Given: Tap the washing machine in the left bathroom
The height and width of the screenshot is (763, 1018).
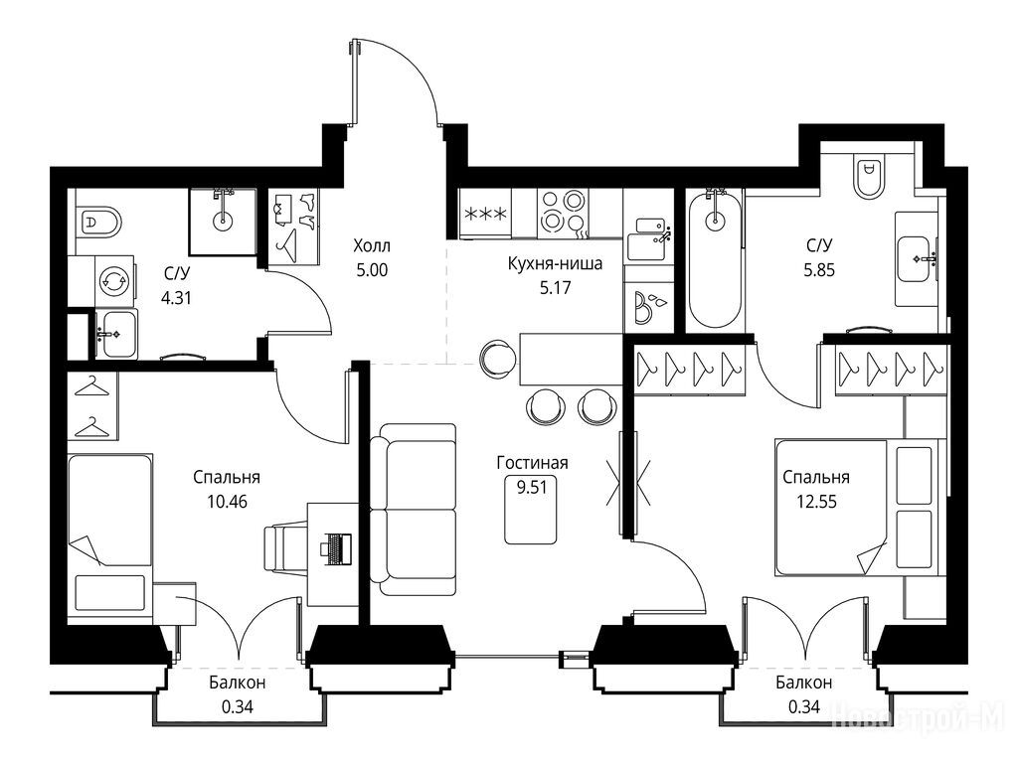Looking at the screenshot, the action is pos(115,281).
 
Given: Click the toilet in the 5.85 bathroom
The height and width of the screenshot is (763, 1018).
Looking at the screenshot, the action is pos(869,176).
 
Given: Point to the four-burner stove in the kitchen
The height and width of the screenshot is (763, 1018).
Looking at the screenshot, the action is pos(563,214).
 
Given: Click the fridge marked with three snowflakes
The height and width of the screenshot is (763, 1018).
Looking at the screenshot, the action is pos(485,214).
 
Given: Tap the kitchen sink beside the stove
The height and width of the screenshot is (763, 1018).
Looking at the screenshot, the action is pos(649,238).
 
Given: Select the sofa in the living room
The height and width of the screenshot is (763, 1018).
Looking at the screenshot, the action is pos(413,510).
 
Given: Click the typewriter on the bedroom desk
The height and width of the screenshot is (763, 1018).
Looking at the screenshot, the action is pos(336,545).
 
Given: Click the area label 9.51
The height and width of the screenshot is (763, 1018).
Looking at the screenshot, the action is pos(532,487).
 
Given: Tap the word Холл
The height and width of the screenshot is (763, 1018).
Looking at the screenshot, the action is pos(372,246).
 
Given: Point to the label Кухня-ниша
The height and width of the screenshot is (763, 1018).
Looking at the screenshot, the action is pos(555,263).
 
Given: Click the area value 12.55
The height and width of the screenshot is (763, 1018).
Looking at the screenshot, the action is pos(816,502).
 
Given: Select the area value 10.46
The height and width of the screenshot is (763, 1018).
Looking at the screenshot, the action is pos(228,502).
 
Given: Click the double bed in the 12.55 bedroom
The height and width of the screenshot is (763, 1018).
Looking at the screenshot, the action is pos(860,508).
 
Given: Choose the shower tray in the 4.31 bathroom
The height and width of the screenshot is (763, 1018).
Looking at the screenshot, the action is pos(222,222).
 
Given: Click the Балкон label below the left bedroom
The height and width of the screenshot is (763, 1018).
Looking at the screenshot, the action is pos(237,683).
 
